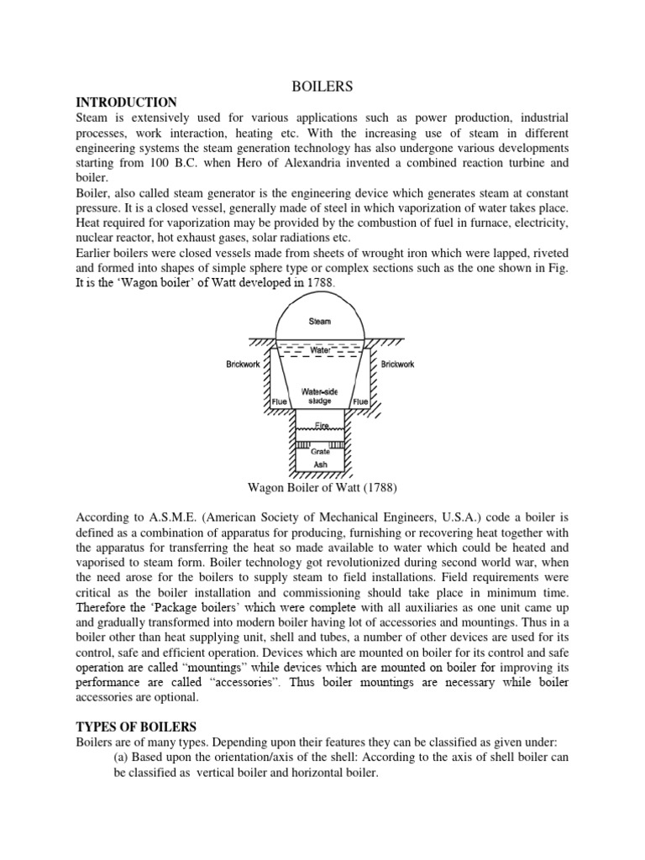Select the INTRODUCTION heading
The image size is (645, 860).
[x=127, y=102]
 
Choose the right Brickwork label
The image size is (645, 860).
[x=398, y=364]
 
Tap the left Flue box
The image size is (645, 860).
[x=280, y=401]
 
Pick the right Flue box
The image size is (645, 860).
[x=360, y=401]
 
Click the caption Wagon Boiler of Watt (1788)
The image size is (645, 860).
[x=322, y=487]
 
